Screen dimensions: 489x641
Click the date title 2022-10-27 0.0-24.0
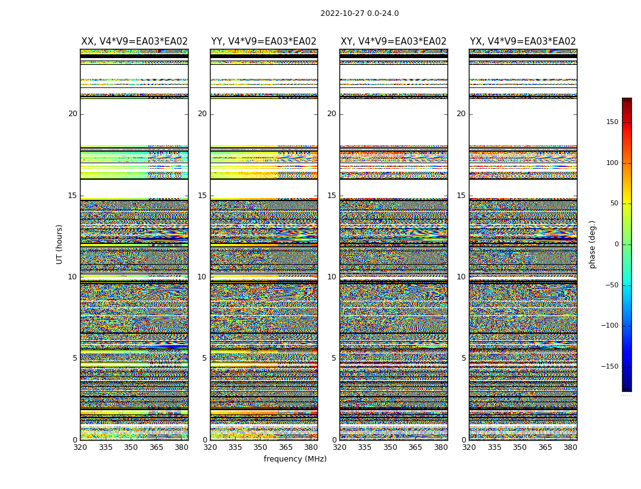coord(360,13)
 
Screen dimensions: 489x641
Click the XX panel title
coord(134,42)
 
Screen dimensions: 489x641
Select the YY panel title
coord(264,42)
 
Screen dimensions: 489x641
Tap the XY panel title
coord(394,42)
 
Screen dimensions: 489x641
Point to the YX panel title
coord(523,42)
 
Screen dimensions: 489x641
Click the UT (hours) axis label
coord(60,244)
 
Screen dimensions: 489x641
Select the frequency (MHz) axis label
coord(295,459)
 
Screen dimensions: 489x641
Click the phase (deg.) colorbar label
coord(592,244)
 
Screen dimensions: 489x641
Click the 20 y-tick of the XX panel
coord(73,114)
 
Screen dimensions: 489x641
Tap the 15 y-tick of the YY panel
coord(202,196)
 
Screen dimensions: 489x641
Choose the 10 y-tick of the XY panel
coord(331,277)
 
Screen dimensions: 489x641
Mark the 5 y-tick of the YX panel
coord(463,359)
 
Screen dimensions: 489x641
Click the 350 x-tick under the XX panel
coord(131,447)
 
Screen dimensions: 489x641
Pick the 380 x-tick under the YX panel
coord(570,447)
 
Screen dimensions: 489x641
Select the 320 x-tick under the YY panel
coord(210,447)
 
